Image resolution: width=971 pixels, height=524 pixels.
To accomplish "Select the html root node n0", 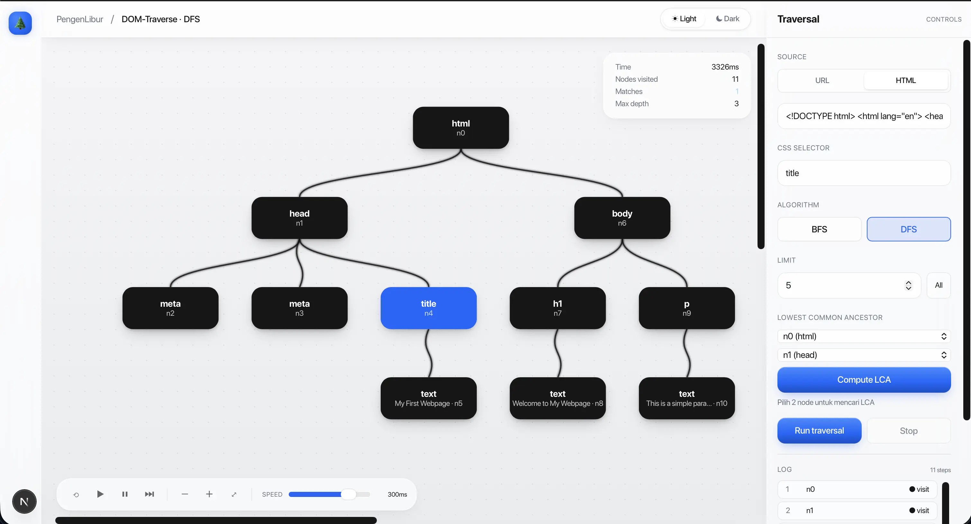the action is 461,127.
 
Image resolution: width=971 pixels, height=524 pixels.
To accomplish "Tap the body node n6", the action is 622,218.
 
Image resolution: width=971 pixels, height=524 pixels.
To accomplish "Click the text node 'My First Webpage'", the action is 428,398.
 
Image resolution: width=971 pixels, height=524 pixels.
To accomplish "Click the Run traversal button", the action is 819,430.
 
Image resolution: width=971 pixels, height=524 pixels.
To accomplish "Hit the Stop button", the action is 908,430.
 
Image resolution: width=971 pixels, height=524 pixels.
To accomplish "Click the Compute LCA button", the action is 864,379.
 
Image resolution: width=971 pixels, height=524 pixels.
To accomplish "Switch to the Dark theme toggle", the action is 728,18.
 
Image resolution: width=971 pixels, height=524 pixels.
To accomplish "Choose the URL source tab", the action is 822,80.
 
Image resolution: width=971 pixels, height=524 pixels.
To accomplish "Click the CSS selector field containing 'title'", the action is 864,173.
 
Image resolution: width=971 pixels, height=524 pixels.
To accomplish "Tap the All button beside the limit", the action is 939,285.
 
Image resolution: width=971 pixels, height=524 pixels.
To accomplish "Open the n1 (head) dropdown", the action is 864,355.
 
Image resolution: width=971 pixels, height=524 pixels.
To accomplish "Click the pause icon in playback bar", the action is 125,494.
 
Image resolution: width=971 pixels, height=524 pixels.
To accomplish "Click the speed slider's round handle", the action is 348,494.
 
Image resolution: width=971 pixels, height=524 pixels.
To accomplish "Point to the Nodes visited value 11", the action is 735,79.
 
